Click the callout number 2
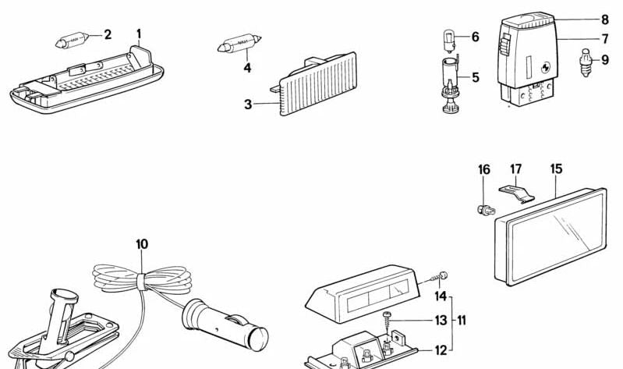pos(108,34)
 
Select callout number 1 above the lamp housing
pos(140,34)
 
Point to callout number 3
pos(248,104)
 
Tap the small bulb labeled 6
pos(449,37)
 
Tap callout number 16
pos(484,169)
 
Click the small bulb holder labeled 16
pos(483,208)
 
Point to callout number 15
pos(556,169)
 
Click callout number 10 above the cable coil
pos(141,244)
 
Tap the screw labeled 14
pos(443,276)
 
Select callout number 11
pos(462,320)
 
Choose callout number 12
pos(441,350)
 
